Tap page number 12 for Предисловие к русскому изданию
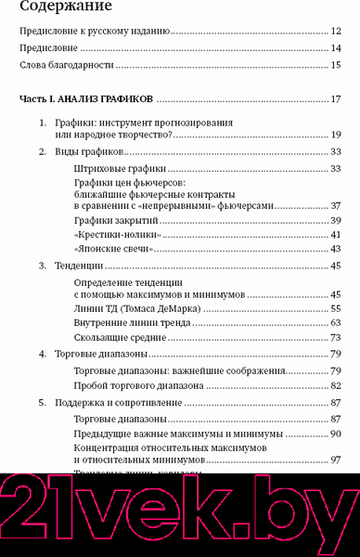click(336, 32)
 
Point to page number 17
click(336, 99)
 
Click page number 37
click(337, 204)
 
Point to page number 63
click(337, 322)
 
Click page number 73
click(337, 337)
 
